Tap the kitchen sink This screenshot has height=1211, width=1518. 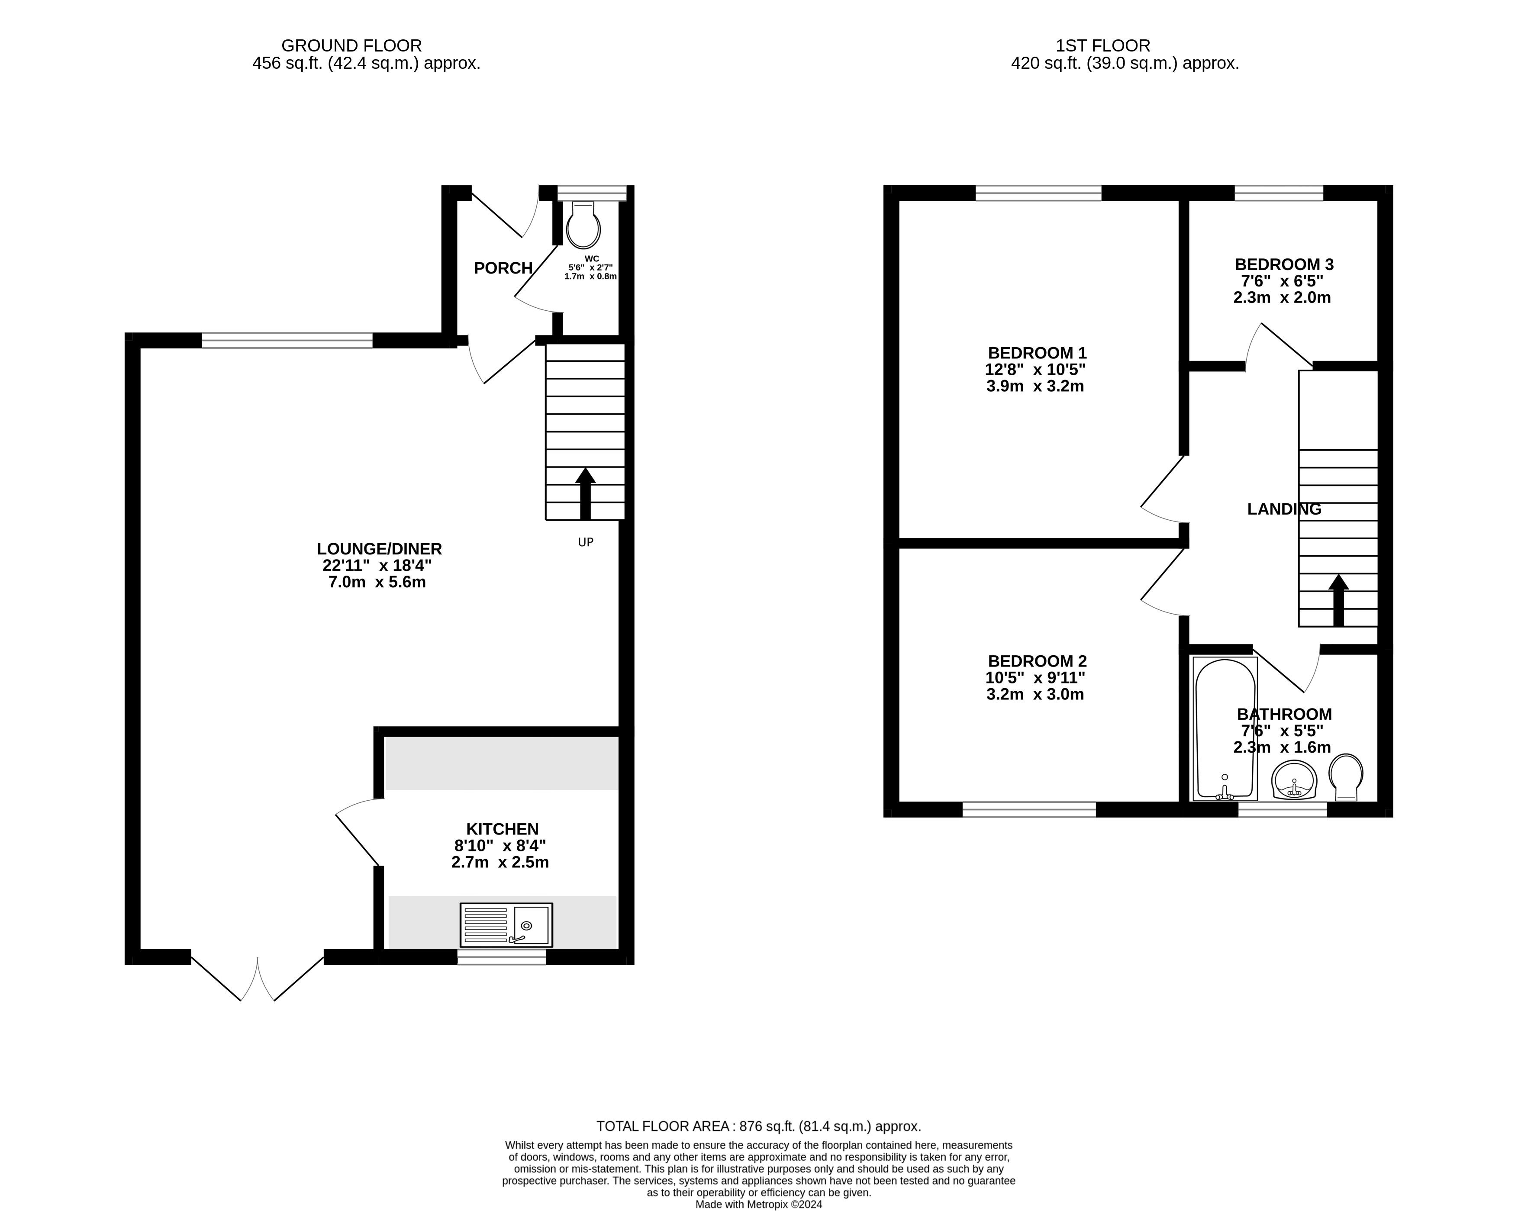(506, 925)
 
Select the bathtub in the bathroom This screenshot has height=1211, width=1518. (1225, 729)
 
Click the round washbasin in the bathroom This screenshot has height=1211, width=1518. (1294, 780)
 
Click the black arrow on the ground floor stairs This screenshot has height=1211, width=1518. (585, 493)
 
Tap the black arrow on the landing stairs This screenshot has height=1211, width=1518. (1338, 600)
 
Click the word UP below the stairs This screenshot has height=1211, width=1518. (586, 542)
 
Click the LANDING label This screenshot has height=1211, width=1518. (1284, 509)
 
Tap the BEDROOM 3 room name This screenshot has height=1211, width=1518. (1284, 265)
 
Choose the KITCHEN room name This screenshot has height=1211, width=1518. (502, 829)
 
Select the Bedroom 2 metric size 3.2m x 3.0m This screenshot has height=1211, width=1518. (1035, 695)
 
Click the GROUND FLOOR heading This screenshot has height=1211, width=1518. (351, 46)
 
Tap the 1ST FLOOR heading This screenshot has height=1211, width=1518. (1102, 46)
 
